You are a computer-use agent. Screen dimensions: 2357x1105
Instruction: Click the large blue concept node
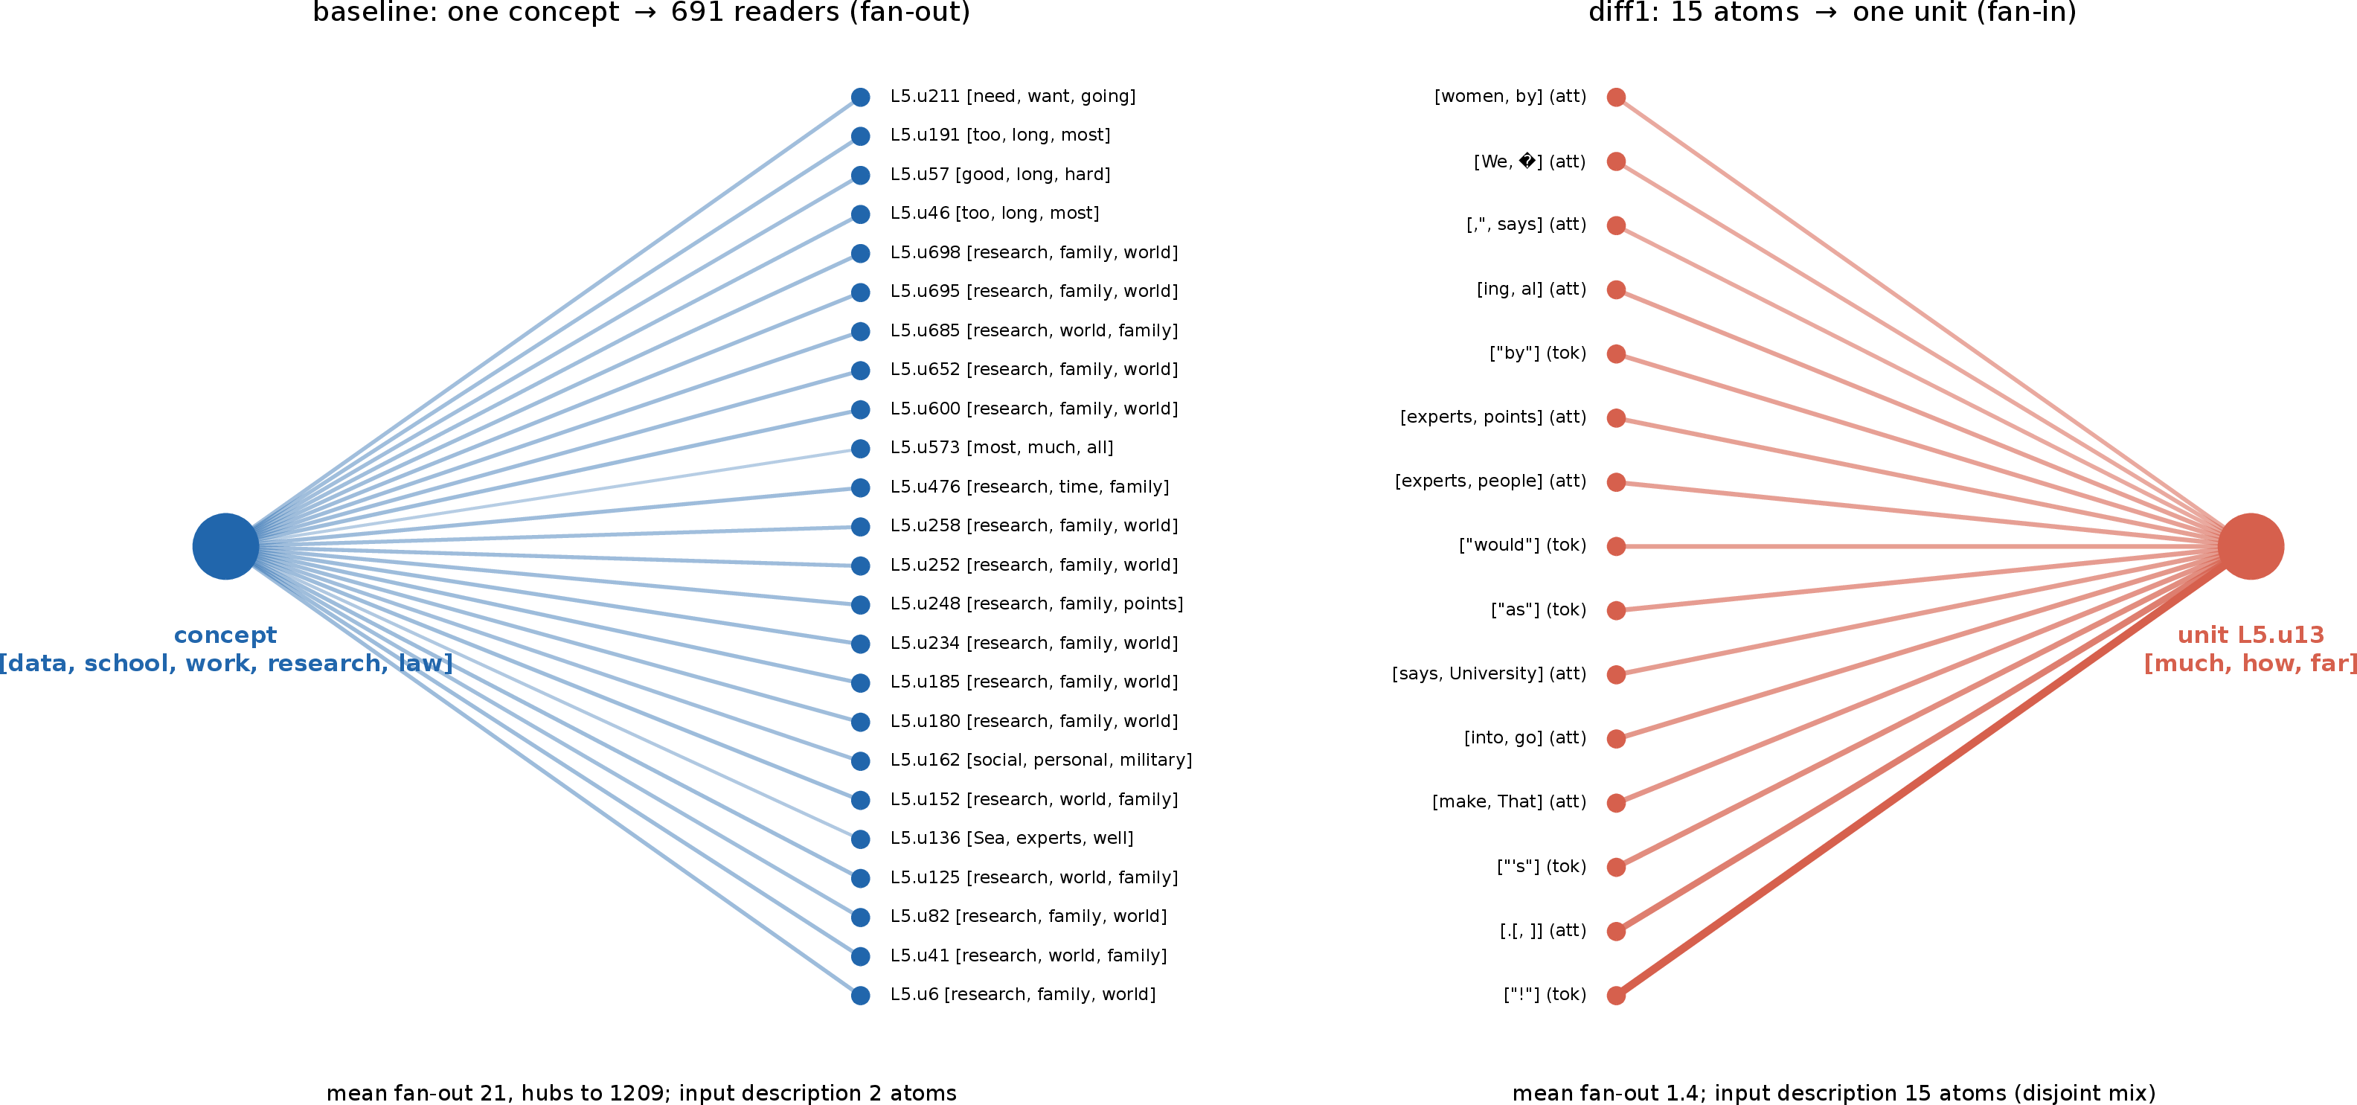pos(225,546)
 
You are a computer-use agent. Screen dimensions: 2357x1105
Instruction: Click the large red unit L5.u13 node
pos(2250,546)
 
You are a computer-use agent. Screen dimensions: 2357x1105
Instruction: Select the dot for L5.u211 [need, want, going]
pos(860,97)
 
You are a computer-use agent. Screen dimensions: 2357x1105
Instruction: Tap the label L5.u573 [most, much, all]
pos(1002,447)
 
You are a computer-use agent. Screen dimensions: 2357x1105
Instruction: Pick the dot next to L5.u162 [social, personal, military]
pos(860,761)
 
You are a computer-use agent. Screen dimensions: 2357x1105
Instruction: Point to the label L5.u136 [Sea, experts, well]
pos(1012,838)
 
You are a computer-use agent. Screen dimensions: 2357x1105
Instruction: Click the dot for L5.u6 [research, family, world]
pos(860,995)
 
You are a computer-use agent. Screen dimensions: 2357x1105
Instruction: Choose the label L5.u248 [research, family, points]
pos(1036,603)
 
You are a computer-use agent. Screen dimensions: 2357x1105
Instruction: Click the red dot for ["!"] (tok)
pos(1617,995)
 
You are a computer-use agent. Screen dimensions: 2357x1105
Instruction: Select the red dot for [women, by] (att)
pos(1617,97)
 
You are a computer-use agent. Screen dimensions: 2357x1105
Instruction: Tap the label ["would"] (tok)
pos(1522,545)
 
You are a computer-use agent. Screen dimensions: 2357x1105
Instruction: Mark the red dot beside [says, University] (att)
pos(1617,675)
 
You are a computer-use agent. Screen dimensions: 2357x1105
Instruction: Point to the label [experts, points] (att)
pos(1493,417)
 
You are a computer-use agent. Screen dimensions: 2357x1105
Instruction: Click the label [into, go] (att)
pos(1525,738)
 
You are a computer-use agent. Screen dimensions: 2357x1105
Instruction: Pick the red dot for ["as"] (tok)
pos(1617,610)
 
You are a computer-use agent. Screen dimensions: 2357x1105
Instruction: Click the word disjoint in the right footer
pos(2051,1094)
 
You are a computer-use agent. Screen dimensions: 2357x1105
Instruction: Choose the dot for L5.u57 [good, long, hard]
pos(860,175)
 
